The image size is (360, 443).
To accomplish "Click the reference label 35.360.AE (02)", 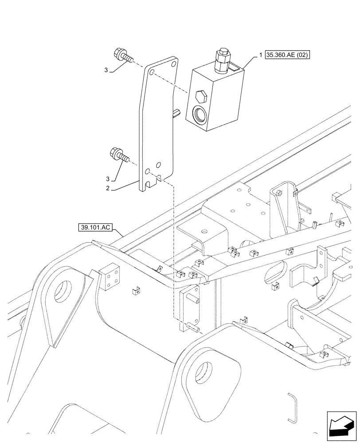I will [288, 55].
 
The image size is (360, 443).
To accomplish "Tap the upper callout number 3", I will [106, 70].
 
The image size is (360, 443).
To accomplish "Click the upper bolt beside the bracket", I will [123, 56].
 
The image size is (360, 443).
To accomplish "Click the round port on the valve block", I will [199, 116].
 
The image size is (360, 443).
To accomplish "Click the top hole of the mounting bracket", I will [152, 72].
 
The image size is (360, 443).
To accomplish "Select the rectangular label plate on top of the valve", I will [235, 67].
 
